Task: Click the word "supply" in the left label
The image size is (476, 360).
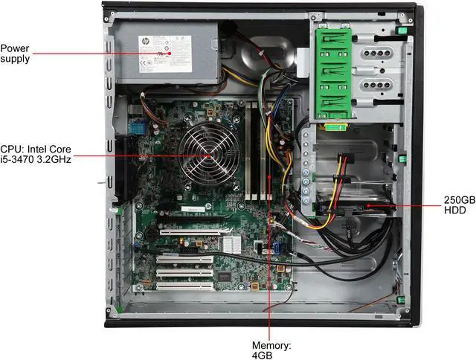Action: point(16,59)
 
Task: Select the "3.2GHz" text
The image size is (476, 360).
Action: point(54,159)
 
